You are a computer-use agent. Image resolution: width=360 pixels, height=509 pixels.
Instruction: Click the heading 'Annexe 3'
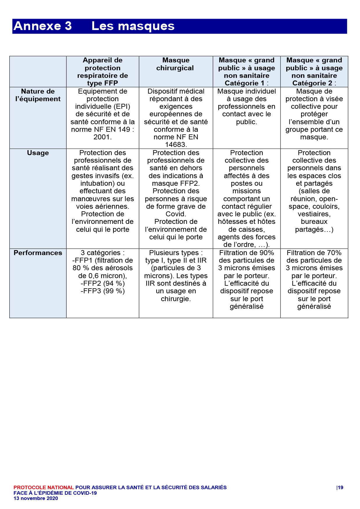tap(43, 26)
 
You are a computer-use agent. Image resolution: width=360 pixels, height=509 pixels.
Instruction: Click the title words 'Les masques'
tap(133, 26)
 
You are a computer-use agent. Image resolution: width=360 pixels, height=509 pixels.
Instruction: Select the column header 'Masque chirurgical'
tap(176, 64)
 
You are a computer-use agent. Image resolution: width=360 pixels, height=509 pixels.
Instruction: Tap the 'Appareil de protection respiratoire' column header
tap(103, 71)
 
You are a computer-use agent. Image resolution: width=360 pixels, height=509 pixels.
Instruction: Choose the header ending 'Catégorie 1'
tap(247, 71)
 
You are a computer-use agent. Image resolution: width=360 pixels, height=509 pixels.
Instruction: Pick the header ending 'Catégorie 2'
tap(314, 71)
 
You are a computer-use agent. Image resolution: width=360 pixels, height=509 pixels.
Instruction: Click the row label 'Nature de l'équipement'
tap(38, 95)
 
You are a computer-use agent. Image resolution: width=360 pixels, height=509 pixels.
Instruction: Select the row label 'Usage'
tap(38, 153)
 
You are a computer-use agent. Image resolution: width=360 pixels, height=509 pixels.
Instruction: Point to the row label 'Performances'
tap(38, 253)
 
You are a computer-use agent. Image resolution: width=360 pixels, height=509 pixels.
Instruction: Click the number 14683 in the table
tap(176, 145)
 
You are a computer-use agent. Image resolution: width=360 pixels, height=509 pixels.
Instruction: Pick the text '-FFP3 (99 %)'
tap(103, 291)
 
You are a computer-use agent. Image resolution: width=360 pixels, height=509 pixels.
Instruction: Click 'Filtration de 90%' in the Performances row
tap(247, 253)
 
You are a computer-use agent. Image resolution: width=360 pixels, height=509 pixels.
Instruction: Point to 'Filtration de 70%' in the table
tap(314, 253)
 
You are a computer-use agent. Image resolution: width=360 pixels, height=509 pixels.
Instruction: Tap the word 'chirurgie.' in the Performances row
tap(176, 299)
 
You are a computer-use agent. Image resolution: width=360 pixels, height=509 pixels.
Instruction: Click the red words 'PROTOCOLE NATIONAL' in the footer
tap(43, 487)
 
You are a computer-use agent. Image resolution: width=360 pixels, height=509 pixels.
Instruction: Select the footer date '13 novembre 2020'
tap(36, 498)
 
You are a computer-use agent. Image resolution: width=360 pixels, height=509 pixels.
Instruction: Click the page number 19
tap(340, 487)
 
